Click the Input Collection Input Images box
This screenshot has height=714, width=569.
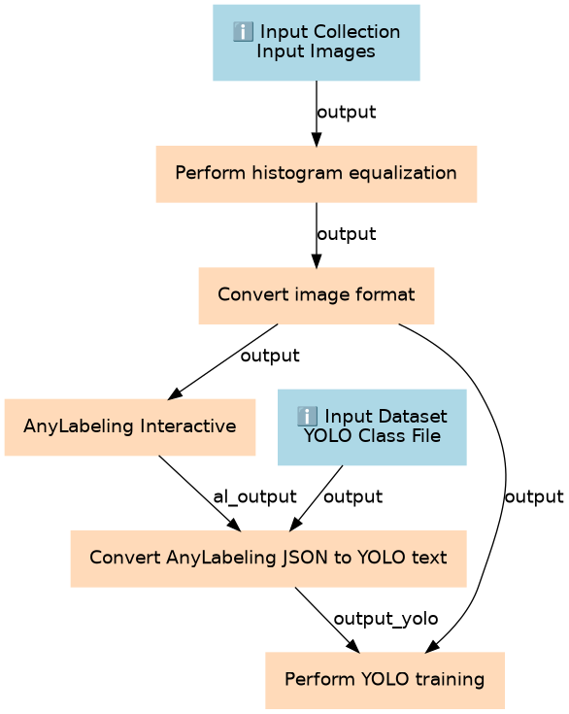click(317, 43)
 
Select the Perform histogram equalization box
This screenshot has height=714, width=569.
click(317, 174)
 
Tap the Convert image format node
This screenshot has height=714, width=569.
click(317, 295)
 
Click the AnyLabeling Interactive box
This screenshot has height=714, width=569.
click(130, 427)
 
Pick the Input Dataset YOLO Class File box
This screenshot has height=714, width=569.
click(372, 427)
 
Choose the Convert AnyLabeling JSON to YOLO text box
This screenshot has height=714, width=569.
click(269, 559)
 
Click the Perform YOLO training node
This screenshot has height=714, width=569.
click(385, 680)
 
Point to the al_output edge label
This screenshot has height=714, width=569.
click(255, 496)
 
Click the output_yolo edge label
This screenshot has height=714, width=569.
click(385, 619)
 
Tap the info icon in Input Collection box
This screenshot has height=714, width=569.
click(243, 32)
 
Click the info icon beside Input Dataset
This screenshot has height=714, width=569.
click(307, 417)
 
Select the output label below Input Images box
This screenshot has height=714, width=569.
click(347, 112)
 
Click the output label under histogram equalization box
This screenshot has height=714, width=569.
click(347, 234)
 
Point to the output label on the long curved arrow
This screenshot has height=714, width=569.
click(534, 496)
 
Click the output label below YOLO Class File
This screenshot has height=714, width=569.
click(352, 496)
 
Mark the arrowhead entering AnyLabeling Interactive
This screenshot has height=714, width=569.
click(175, 393)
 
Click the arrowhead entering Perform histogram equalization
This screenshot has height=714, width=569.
click(317, 139)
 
